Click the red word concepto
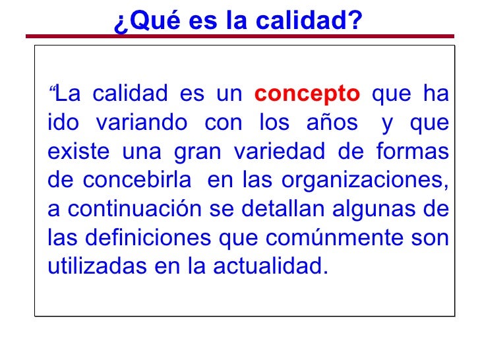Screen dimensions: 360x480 click(x=307, y=94)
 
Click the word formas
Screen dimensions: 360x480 click(x=411, y=152)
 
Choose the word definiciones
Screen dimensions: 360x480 click(x=148, y=239)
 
